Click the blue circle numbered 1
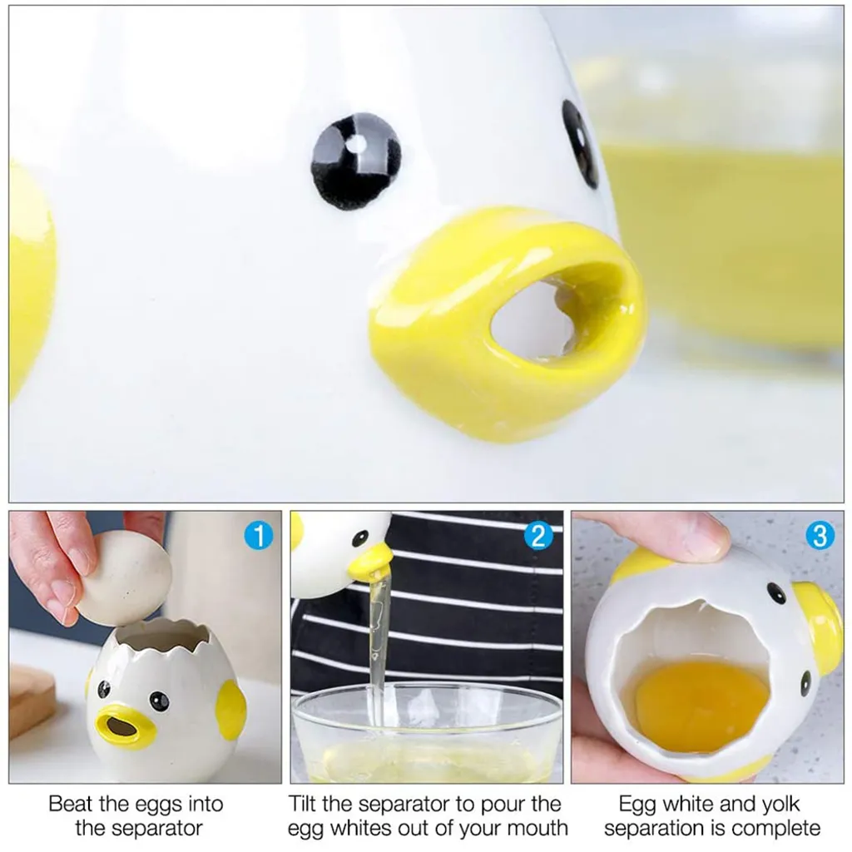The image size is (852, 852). (258, 537)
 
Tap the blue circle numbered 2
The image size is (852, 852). (538, 537)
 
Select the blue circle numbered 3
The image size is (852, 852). (819, 537)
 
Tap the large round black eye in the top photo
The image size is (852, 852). (356, 161)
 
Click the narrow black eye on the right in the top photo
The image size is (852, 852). (580, 143)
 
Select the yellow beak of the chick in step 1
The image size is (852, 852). (125, 726)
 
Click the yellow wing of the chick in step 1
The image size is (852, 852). (230, 710)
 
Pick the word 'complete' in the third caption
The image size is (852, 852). (771, 829)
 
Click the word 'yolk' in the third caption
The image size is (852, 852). (778, 804)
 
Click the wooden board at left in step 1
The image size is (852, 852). (31, 699)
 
